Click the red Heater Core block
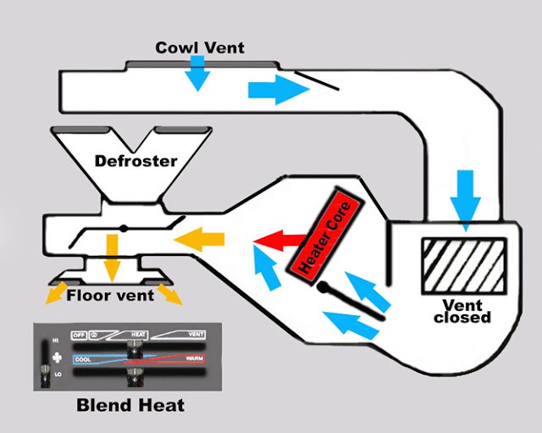tap(326, 236)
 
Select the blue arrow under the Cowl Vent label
tap(197, 74)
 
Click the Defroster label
tap(135, 161)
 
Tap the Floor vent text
tap(110, 296)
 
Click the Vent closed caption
tap(462, 311)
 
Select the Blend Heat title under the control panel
tap(130, 405)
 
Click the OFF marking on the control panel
tap(80, 335)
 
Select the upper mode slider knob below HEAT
tap(134, 350)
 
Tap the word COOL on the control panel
tap(82, 358)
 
